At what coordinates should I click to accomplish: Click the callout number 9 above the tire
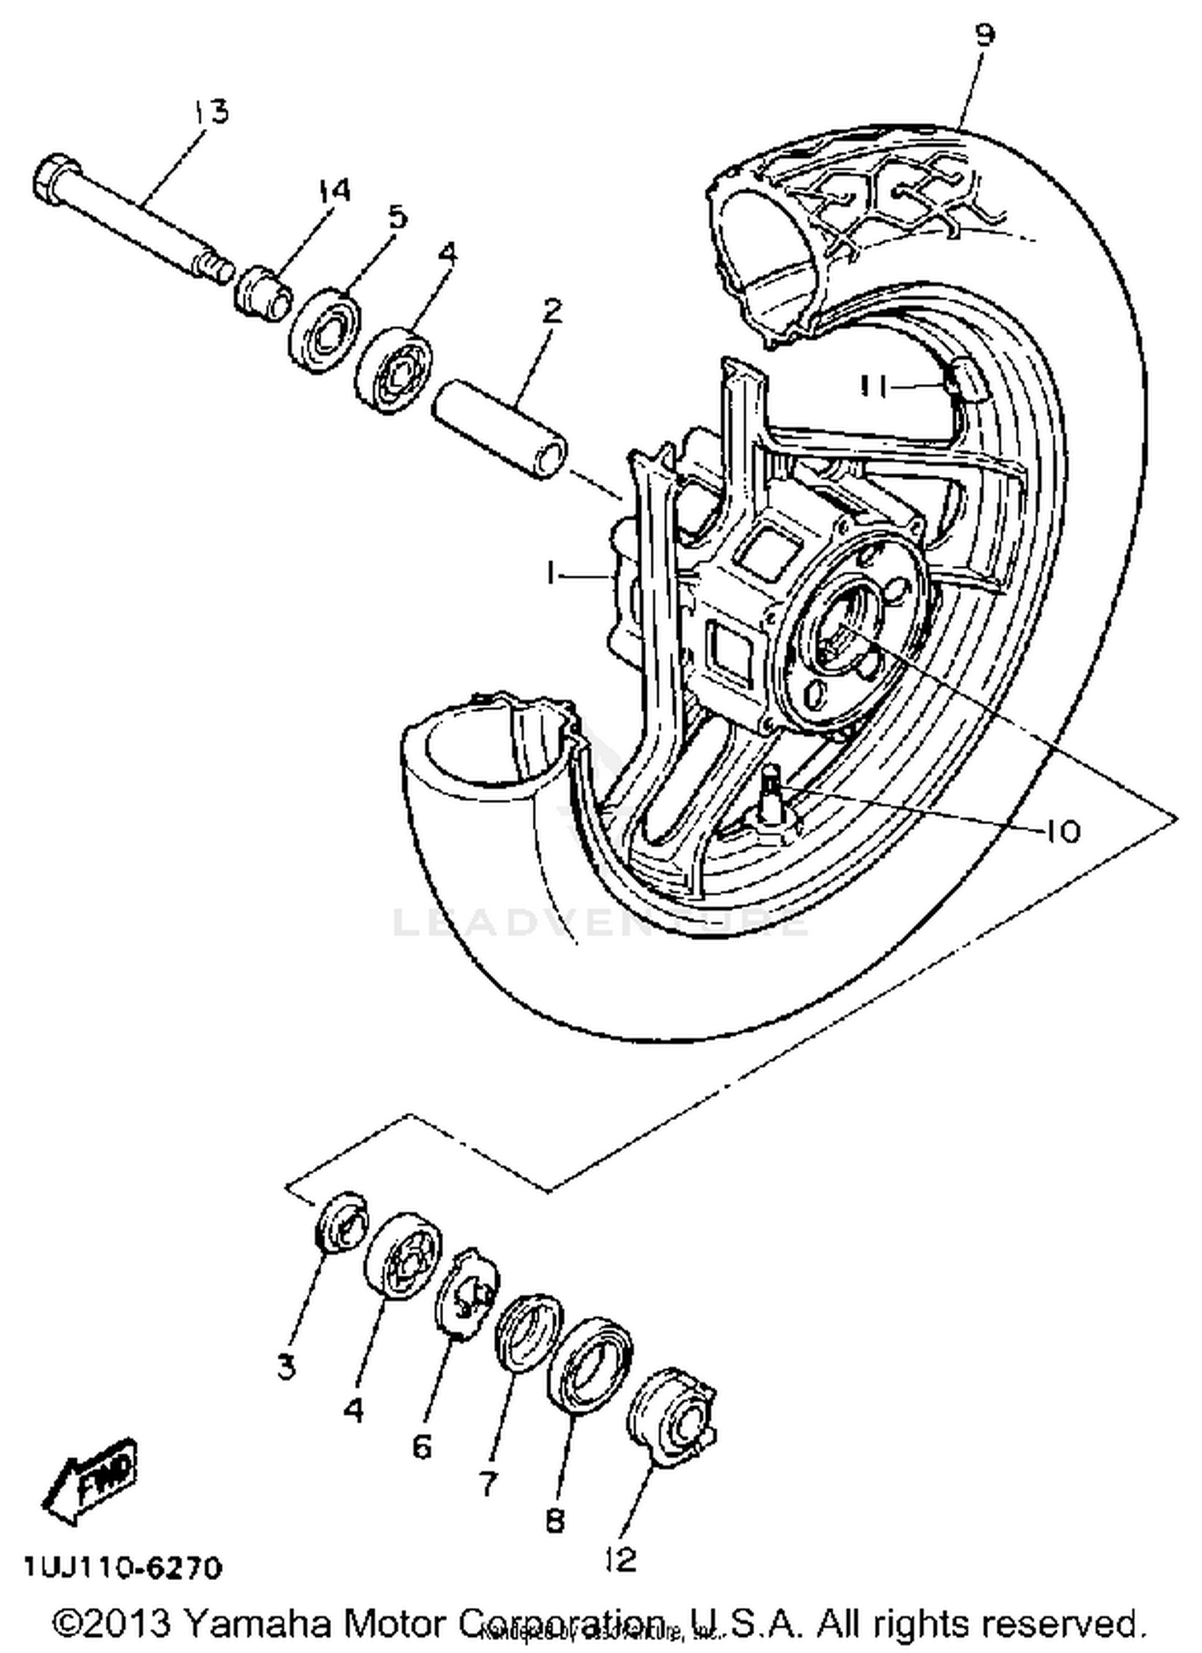click(x=985, y=35)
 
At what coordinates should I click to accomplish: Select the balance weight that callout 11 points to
click(x=965, y=380)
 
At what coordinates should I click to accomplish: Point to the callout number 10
click(x=1063, y=832)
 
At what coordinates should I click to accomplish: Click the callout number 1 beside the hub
click(x=551, y=573)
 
